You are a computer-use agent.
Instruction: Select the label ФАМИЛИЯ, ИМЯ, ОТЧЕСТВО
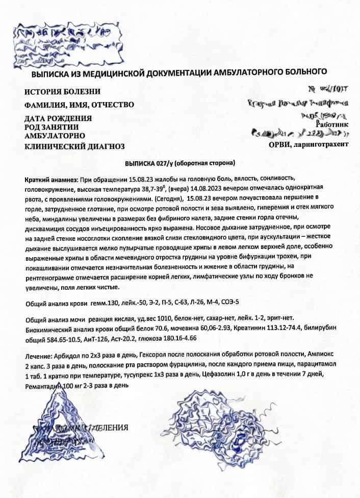[x=79, y=105]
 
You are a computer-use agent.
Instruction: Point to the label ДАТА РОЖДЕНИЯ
[x=58, y=118]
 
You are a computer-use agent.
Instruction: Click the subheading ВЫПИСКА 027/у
[x=148, y=164]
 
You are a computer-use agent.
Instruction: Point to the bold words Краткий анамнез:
[x=50, y=181]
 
